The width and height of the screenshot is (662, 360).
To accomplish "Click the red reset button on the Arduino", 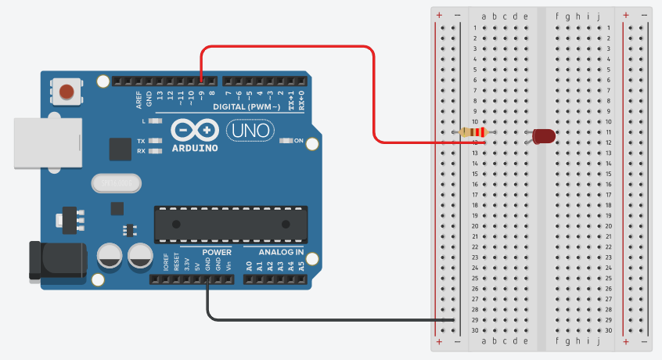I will tap(67, 92).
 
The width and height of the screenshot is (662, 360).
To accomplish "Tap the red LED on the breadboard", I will tap(544, 136).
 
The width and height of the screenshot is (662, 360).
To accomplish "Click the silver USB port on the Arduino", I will tap(48, 142).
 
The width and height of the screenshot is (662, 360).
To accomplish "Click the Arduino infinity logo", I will tap(194, 129).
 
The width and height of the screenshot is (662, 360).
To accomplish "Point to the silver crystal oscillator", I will tap(117, 184).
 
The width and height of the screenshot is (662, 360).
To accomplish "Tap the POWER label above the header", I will tap(217, 252).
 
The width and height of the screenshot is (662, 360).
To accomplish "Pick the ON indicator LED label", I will tap(298, 140).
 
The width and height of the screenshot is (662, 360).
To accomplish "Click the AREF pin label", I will tap(139, 99).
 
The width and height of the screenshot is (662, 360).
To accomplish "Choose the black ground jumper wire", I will tap(313, 320).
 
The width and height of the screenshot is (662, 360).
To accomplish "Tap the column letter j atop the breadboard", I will tap(598, 16).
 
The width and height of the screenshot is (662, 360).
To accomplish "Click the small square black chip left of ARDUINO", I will tap(121, 149).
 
